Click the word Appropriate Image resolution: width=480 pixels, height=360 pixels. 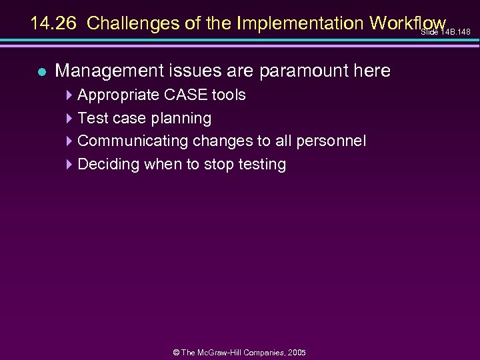pyautogui.click(x=116, y=95)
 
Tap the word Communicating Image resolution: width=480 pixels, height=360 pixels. pyautogui.click(x=133, y=141)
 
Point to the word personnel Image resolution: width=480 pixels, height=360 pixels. pyautogui.click(x=335, y=141)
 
